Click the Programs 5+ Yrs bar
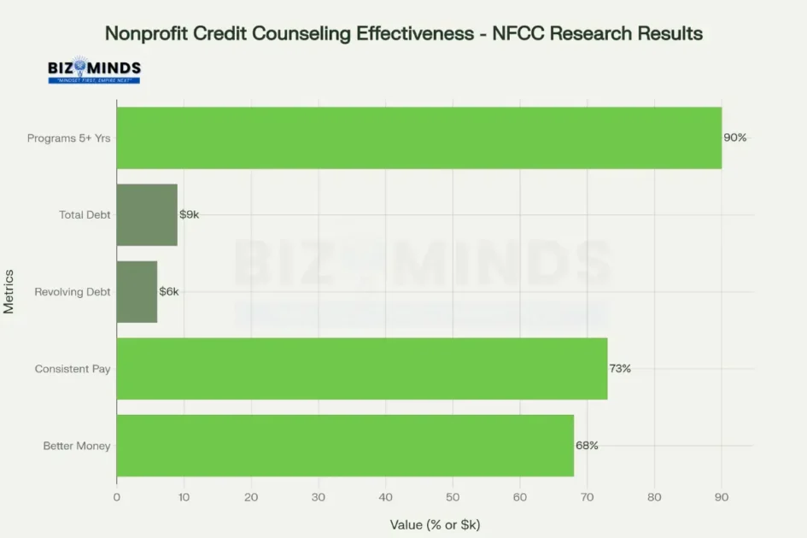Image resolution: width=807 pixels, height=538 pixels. (418, 137)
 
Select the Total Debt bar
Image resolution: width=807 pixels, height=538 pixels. (147, 215)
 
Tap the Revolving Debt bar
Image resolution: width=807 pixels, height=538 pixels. (137, 292)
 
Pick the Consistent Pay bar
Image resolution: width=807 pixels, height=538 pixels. (362, 369)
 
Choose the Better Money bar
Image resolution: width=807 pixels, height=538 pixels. (345, 446)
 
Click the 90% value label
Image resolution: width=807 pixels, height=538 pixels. (735, 137)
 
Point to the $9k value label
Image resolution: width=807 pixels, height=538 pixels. (189, 214)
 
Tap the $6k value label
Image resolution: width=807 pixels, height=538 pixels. (169, 292)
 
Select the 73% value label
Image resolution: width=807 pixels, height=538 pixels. (620, 369)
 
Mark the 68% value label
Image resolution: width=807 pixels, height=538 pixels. (587, 446)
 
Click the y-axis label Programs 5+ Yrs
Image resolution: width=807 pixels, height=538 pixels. (69, 138)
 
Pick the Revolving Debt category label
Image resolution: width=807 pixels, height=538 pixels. (73, 292)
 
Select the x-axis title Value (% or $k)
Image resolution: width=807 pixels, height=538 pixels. (435, 523)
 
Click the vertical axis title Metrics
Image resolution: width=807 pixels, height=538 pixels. (9, 292)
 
